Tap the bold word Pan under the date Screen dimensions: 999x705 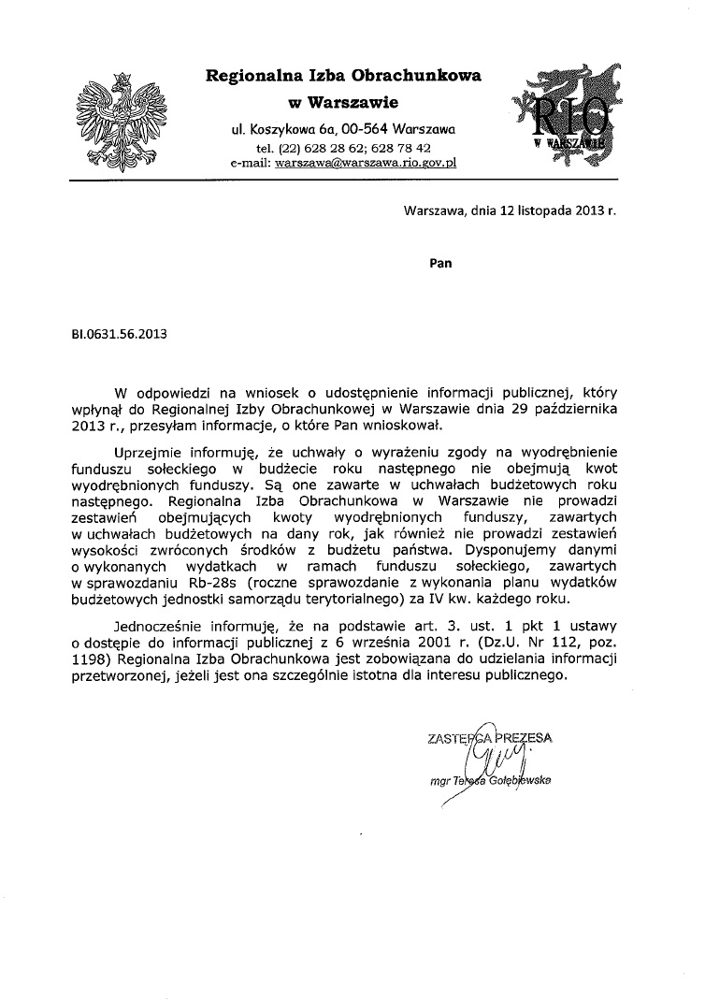click(x=439, y=263)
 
